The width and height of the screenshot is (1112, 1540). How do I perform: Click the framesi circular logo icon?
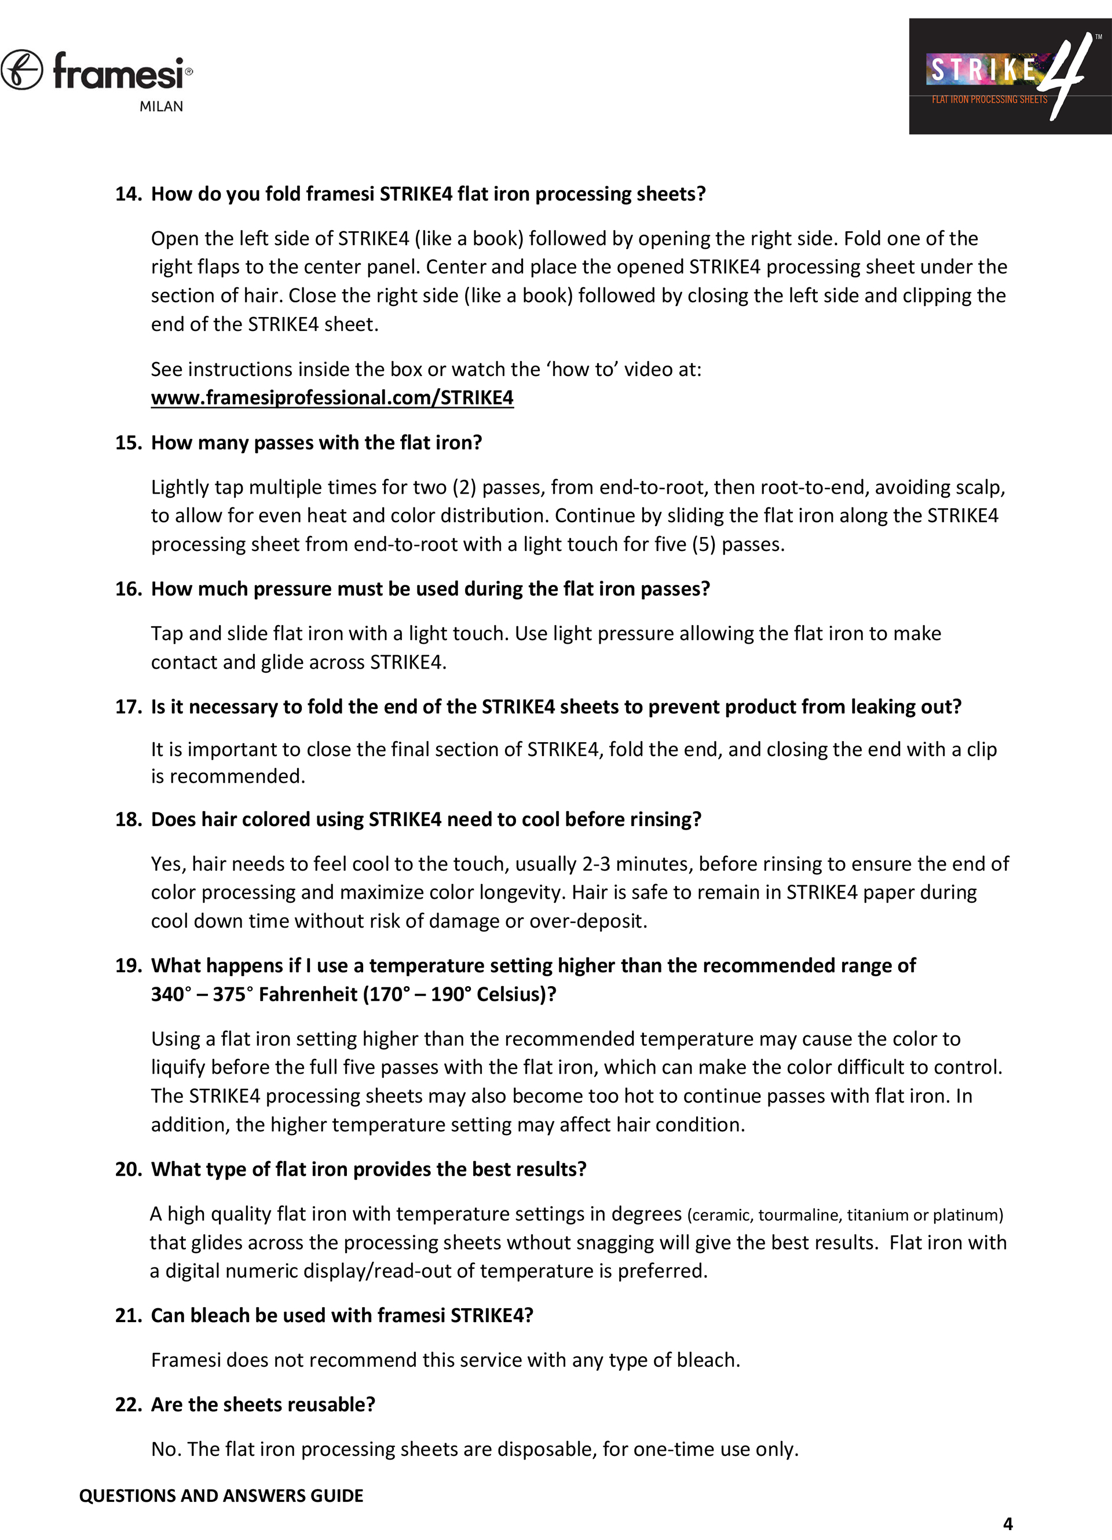(22, 70)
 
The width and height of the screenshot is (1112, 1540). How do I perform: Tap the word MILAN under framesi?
(161, 107)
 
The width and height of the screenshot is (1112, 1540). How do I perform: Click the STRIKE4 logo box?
(1009, 76)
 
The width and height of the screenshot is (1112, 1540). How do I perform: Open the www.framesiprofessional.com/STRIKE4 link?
(332, 398)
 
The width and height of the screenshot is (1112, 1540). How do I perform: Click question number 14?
(127, 194)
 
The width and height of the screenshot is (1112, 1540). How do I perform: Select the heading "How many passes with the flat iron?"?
(316, 443)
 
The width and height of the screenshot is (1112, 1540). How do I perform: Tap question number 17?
(127, 707)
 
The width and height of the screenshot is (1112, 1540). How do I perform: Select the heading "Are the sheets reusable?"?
(263, 1405)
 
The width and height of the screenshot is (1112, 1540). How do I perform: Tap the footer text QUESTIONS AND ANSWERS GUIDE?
(221, 1496)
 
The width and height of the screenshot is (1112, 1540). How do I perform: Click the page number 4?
(1007, 1524)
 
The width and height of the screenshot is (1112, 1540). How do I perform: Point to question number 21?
(127, 1316)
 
